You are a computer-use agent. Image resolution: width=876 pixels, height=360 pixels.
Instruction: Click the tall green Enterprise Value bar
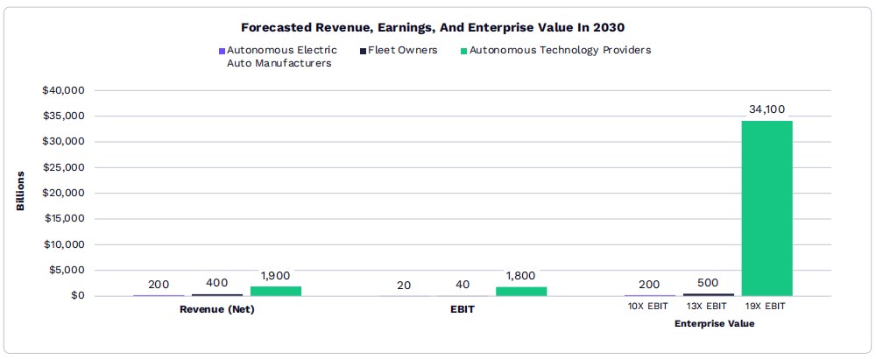(x=766, y=208)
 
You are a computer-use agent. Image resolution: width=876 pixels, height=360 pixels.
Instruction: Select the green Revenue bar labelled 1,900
(x=276, y=291)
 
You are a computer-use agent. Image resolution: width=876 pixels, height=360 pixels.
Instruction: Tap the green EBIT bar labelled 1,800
(x=521, y=291)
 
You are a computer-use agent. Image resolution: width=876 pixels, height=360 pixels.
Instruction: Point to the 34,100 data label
(x=766, y=109)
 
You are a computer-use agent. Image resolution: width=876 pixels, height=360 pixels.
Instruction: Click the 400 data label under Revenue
(x=217, y=283)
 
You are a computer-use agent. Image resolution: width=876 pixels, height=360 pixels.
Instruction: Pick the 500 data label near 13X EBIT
(x=708, y=283)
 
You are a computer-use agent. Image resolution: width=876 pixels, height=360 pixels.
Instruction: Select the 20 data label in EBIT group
(x=404, y=286)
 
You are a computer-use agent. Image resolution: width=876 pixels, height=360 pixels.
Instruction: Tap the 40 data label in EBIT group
(x=463, y=286)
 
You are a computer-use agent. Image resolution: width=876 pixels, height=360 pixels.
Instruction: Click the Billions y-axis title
(x=20, y=191)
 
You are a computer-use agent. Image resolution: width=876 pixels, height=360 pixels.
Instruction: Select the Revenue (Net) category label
(x=217, y=309)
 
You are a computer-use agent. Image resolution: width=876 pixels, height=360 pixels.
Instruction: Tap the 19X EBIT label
(x=766, y=307)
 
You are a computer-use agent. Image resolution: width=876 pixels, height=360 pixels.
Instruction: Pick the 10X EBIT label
(x=649, y=307)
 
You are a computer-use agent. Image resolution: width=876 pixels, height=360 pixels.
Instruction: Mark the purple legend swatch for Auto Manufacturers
(x=223, y=51)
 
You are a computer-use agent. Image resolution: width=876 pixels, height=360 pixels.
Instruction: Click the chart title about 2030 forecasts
(x=437, y=27)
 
